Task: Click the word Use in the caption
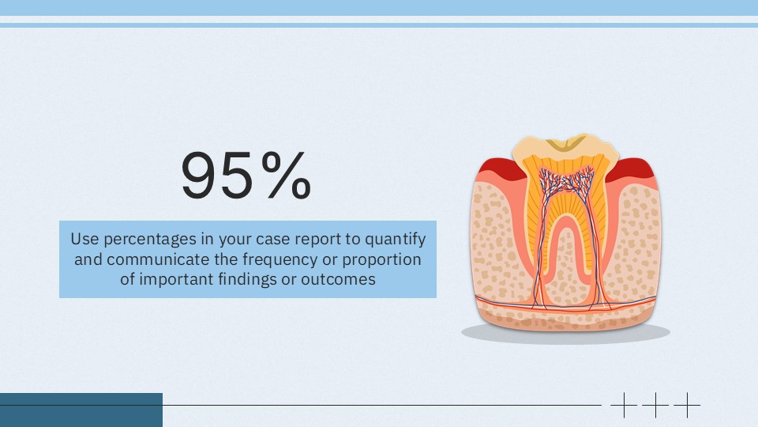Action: (82, 238)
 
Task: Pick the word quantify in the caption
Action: (398, 239)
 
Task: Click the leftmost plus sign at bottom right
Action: (624, 405)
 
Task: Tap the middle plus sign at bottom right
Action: (655, 405)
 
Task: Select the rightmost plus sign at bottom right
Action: (687, 405)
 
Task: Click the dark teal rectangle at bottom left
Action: (81, 410)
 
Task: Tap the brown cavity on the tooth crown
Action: (565, 143)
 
